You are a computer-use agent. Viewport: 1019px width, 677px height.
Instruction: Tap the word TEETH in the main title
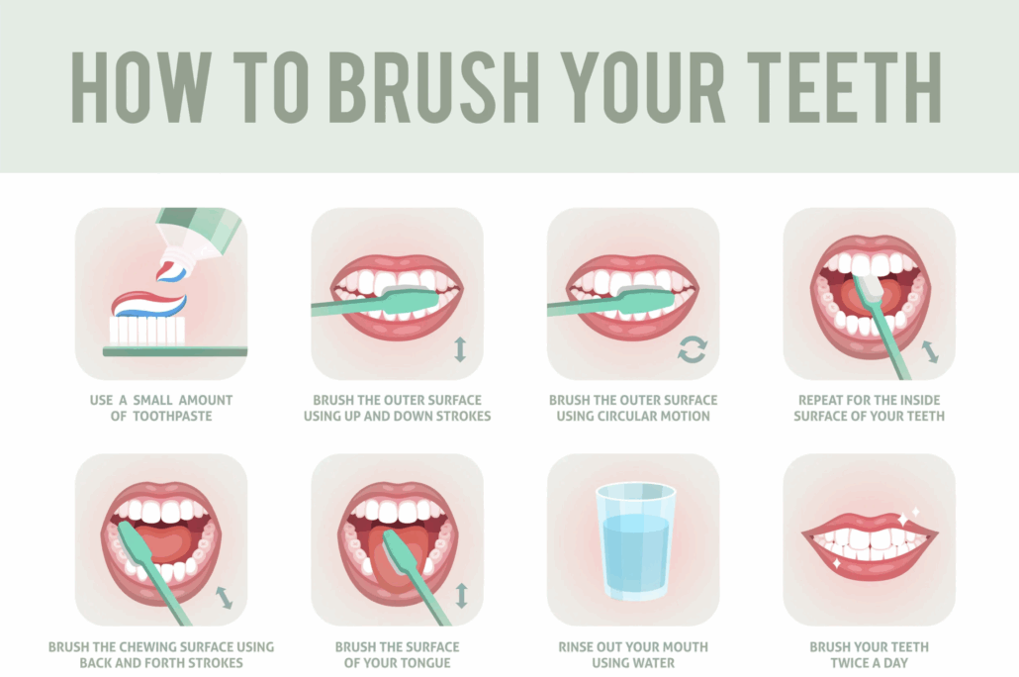pyautogui.click(x=844, y=87)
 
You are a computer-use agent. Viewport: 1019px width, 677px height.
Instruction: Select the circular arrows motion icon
pyautogui.click(x=692, y=349)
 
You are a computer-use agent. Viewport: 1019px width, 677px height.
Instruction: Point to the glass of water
pyautogui.click(x=635, y=541)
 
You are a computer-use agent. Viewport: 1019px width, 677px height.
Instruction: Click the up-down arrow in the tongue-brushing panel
pyautogui.click(x=461, y=595)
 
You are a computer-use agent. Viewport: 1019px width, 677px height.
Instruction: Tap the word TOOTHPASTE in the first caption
pyautogui.click(x=172, y=417)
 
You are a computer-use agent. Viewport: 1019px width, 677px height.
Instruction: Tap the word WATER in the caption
pyautogui.click(x=652, y=663)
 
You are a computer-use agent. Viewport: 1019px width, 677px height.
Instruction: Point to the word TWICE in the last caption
pyautogui.click(x=850, y=663)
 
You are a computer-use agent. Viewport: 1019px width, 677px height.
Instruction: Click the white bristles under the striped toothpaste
pyautogui.click(x=146, y=331)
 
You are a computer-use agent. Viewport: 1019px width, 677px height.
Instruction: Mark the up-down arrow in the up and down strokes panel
pyautogui.click(x=460, y=349)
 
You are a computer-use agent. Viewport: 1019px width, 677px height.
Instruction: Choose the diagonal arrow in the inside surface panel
pyautogui.click(x=930, y=351)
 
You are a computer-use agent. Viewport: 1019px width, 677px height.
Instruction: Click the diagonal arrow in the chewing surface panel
pyautogui.click(x=225, y=598)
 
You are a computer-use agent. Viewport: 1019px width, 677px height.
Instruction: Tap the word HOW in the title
pyautogui.click(x=141, y=87)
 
